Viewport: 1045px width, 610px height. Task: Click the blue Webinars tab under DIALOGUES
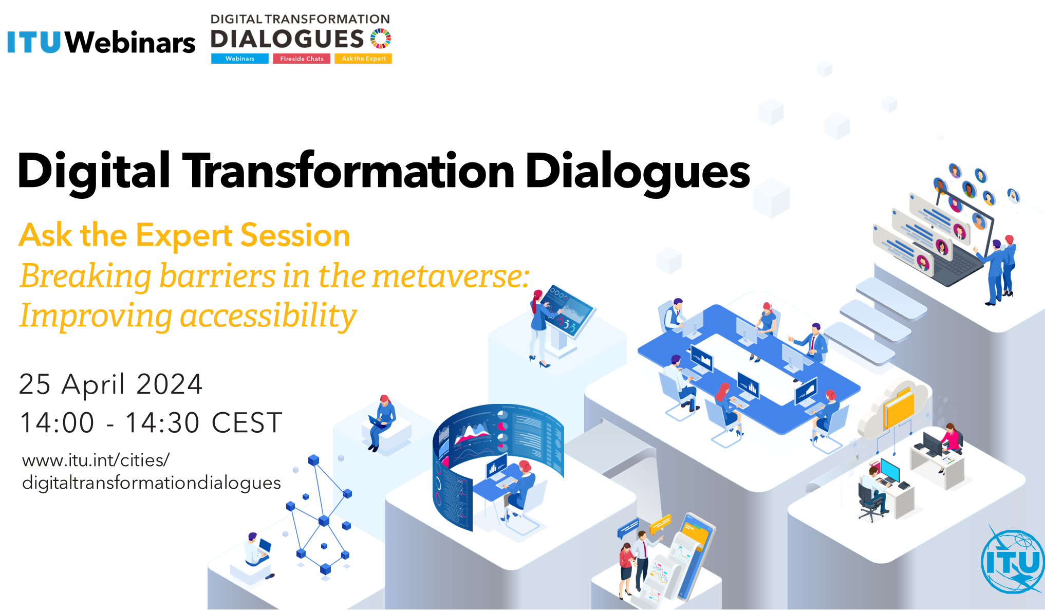pos(239,59)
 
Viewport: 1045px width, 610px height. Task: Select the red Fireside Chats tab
pos(302,59)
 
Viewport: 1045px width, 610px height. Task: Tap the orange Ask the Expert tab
pos(363,59)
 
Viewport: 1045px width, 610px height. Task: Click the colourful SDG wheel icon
pos(381,39)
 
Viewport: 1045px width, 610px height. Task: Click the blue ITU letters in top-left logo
pos(34,42)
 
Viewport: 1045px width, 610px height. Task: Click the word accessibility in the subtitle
pos(268,316)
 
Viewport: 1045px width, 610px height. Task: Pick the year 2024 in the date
pos(170,384)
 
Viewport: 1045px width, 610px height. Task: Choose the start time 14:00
pos(57,423)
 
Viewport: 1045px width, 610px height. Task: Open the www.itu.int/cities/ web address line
pos(96,460)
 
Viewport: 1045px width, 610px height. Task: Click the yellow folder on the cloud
pos(899,409)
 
